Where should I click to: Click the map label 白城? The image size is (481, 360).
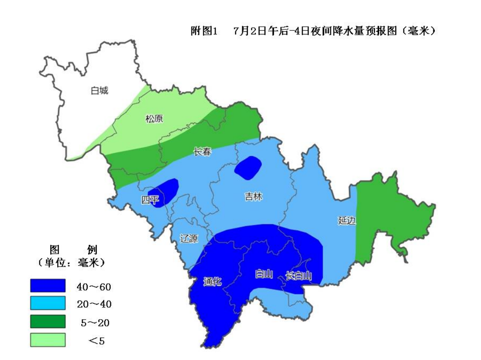(x=99, y=91)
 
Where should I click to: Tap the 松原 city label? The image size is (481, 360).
(x=154, y=119)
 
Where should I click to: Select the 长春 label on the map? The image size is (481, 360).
(x=202, y=152)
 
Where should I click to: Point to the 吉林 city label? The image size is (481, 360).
(x=254, y=197)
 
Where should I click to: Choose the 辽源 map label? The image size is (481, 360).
(x=189, y=238)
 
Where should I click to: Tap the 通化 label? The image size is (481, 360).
(x=212, y=282)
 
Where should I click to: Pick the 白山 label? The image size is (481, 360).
(x=264, y=274)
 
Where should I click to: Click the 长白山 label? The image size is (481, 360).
(x=299, y=276)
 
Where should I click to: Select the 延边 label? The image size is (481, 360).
(x=347, y=221)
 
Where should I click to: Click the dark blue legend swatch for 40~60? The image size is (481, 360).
(x=48, y=285)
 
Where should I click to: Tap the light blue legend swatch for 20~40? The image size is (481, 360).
(x=48, y=303)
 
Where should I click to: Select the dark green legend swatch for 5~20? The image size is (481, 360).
(x=48, y=321)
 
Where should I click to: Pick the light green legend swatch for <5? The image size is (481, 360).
(x=48, y=340)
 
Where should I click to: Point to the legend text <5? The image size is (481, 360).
(x=96, y=341)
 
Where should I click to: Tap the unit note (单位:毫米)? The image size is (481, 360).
(x=70, y=263)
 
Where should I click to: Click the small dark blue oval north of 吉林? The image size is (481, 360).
(x=248, y=167)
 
